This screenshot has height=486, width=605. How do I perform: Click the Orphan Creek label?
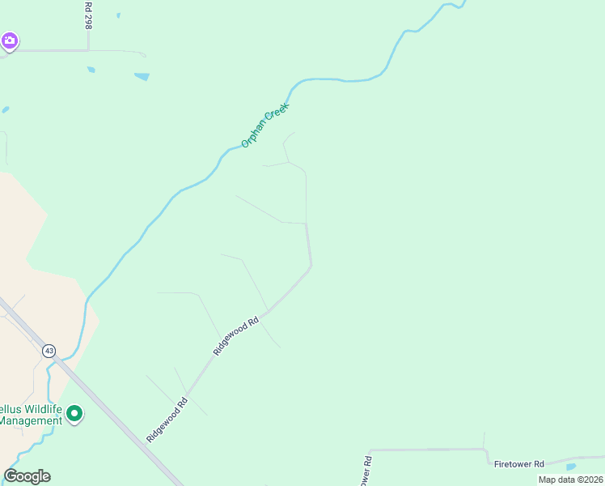click(265, 124)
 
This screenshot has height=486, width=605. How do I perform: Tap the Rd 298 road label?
click(88, 15)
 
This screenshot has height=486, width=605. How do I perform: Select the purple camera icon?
click(10, 40)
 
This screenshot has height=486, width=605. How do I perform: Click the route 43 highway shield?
click(49, 351)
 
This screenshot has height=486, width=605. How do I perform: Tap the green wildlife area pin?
click(74, 415)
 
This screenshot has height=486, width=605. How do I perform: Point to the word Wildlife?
click(35, 408)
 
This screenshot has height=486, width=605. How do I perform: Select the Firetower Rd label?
click(519, 464)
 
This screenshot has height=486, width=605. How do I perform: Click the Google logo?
click(27, 476)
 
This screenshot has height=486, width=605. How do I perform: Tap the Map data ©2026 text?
click(570, 480)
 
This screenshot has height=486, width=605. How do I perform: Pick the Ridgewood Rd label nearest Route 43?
click(167, 419)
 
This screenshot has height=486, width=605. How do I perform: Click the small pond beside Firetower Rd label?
click(572, 467)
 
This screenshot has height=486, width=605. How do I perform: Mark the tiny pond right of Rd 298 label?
click(118, 15)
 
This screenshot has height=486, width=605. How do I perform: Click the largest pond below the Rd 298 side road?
click(142, 77)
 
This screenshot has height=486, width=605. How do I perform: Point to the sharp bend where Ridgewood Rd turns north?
click(311, 263)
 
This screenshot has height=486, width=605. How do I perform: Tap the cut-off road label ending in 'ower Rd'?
click(366, 471)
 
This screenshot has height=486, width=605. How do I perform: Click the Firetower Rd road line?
click(429, 450)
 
